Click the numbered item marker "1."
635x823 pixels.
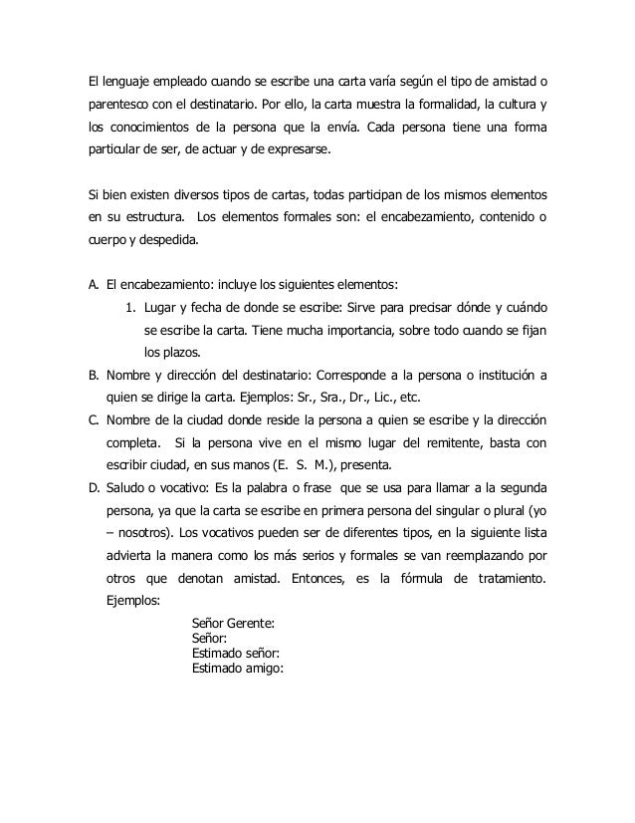coord(128,304)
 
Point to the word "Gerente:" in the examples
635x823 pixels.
coord(252,625)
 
